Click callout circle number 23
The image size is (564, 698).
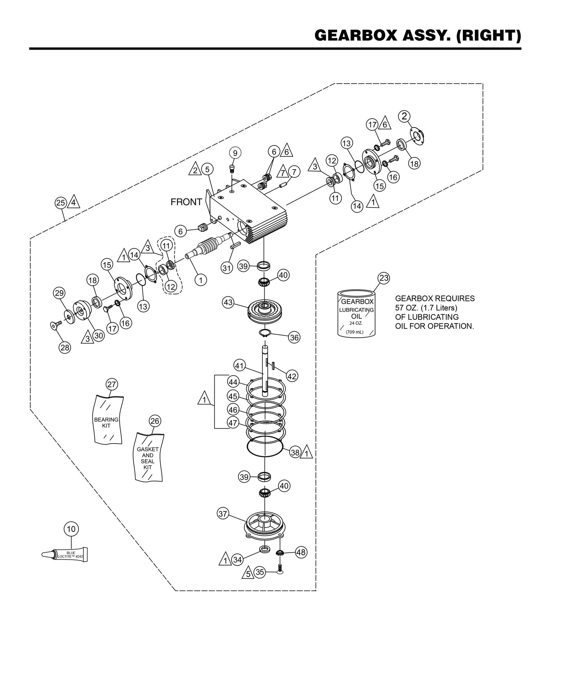pyautogui.click(x=384, y=278)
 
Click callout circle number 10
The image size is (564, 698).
pyautogui.click(x=71, y=529)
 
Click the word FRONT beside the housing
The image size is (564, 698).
pyautogui.click(x=186, y=202)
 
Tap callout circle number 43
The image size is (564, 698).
pyautogui.click(x=228, y=302)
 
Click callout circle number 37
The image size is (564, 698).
pyautogui.click(x=223, y=514)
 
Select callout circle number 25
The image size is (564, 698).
pyautogui.click(x=60, y=203)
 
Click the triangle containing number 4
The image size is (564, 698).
pyautogui.click(x=74, y=203)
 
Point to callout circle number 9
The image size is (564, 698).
pyautogui.click(x=235, y=152)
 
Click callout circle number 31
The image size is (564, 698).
pyautogui.click(x=227, y=268)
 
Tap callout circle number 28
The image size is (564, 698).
pyautogui.click(x=65, y=348)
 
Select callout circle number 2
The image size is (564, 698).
pyautogui.click(x=404, y=116)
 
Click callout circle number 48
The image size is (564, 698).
pyautogui.click(x=301, y=552)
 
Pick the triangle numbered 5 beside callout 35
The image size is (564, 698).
pyautogui.click(x=247, y=573)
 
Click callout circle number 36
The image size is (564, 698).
pyautogui.click(x=294, y=337)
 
